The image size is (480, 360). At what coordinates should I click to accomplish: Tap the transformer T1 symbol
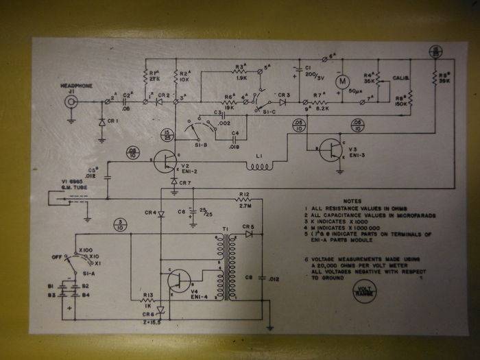pos(222,267)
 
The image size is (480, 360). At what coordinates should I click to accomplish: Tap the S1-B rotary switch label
pos(193,145)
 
